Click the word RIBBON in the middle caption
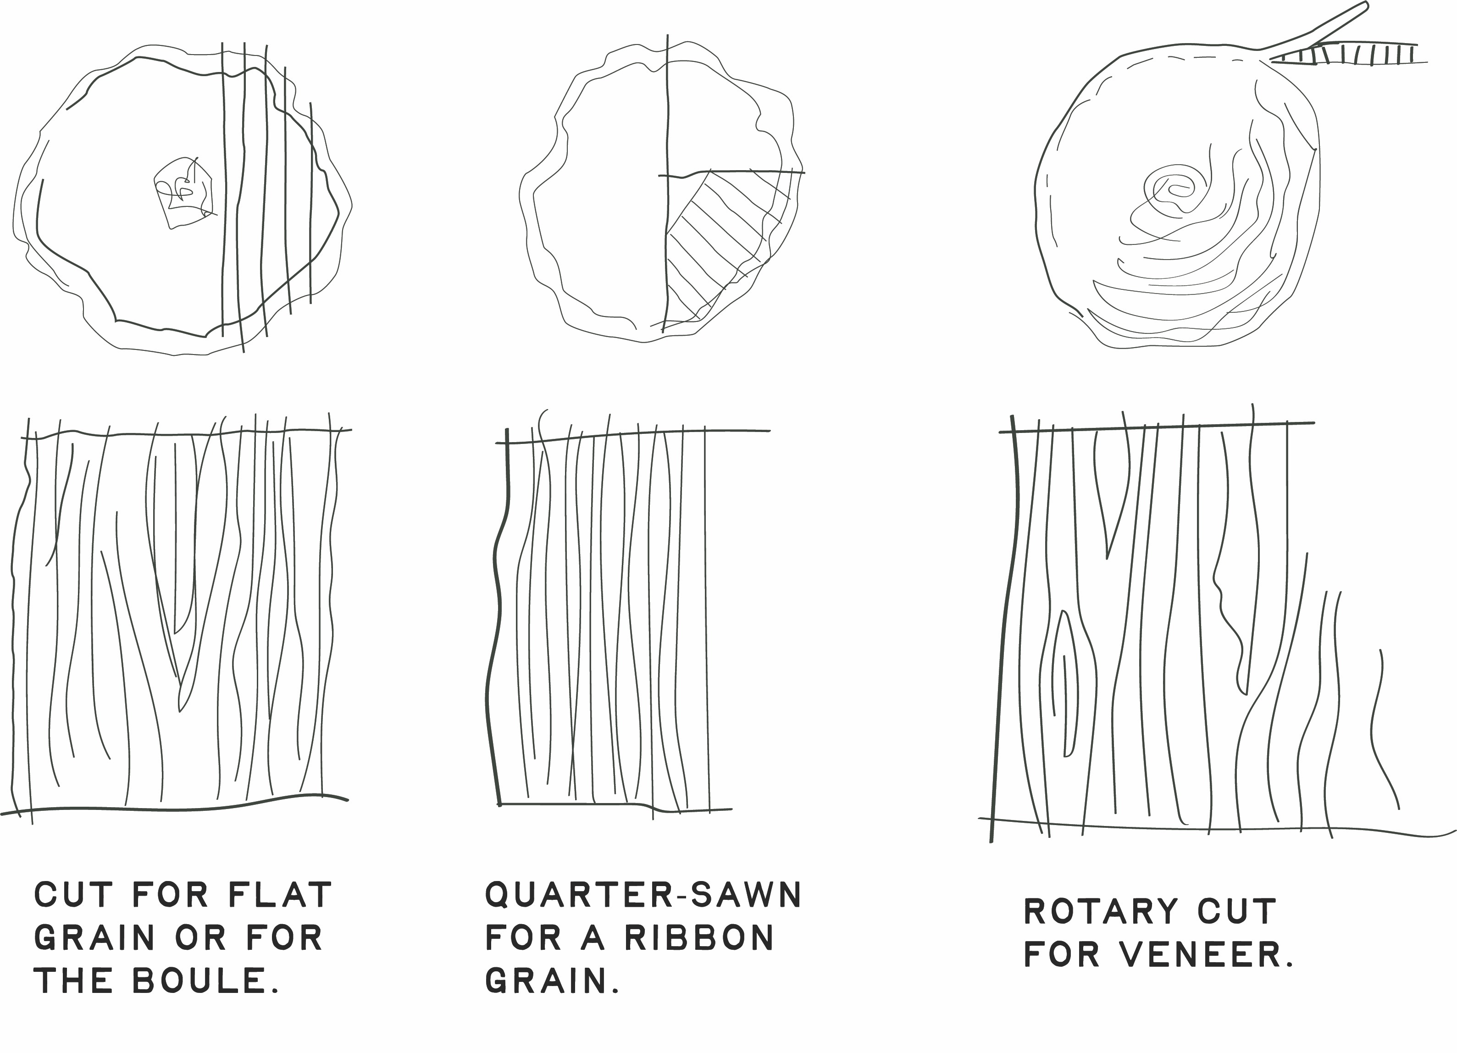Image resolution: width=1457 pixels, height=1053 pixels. pyautogui.click(x=699, y=938)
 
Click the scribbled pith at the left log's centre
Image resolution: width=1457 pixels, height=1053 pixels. pyautogui.click(x=184, y=191)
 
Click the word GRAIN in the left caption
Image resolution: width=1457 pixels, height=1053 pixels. pyautogui.click(x=94, y=938)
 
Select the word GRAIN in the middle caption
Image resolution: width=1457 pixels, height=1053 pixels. pyautogui.click(x=547, y=981)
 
